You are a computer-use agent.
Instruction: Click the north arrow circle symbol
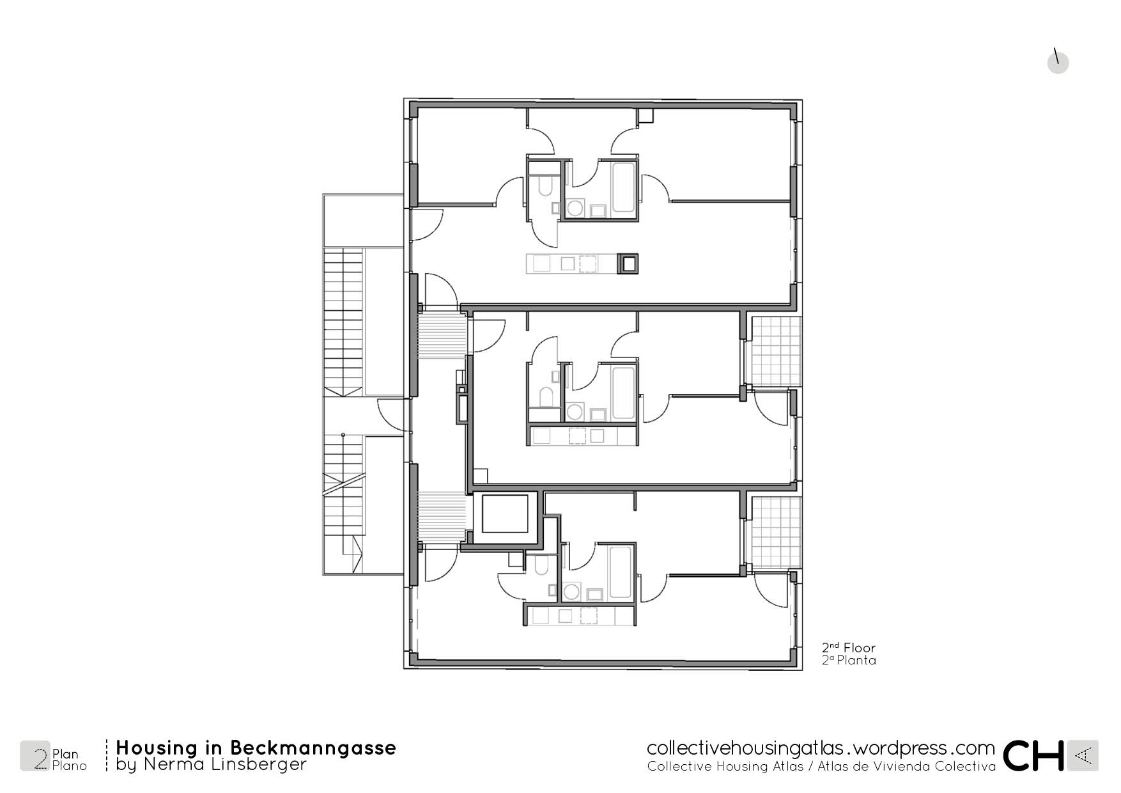[1058, 63]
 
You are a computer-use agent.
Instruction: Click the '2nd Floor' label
[849, 647]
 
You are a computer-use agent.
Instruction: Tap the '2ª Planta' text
[849, 660]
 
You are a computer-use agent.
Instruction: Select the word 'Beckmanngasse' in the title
[313, 748]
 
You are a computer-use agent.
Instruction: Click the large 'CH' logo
[1033, 755]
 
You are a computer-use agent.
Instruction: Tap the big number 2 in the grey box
[40, 758]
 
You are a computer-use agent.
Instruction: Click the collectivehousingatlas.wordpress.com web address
[821, 748]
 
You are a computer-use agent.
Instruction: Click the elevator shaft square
[505, 514]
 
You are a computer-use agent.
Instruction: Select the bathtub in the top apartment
[624, 187]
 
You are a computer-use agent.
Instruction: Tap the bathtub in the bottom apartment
[621, 572]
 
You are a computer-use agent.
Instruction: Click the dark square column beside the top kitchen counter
[628, 263]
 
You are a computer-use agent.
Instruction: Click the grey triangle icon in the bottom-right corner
[1083, 755]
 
